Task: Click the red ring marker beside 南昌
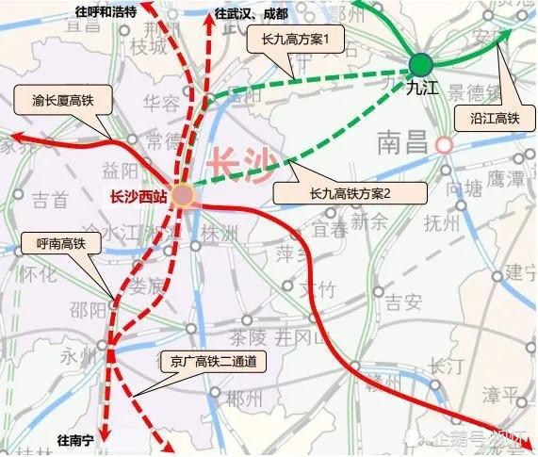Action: [445, 145]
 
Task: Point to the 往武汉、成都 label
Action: [253, 13]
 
